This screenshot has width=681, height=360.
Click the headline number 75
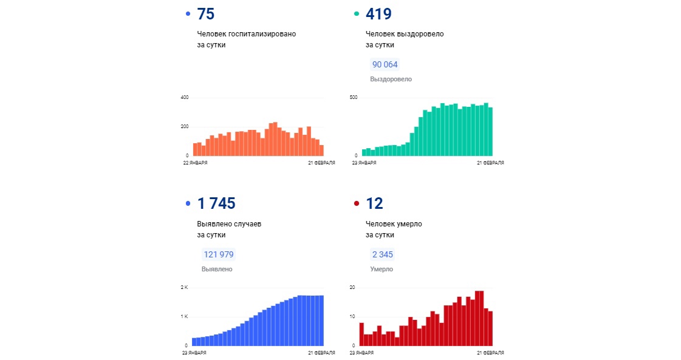[x=205, y=14]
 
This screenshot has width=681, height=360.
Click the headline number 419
[x=379, y=14]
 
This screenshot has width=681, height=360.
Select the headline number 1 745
[x=216, y=204]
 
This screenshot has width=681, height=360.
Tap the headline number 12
[x=374, y=204]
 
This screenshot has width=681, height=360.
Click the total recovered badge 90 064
[x=385, y=64]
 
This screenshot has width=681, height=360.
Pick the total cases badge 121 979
[x=218, y=254]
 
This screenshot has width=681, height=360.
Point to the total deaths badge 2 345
[x=383, y=254]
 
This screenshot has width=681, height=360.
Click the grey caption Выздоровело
[x=391, y=79]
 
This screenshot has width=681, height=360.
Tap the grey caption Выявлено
[x=217, y=269]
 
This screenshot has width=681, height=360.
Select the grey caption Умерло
[x=382, y=269]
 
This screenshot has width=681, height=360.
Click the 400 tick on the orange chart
[x=185, y=98]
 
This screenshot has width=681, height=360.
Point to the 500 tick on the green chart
[x=353, y=98]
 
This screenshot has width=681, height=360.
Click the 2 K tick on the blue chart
[x=184, y=287]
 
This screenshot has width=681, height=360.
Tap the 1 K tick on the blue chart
[x=184, y=317]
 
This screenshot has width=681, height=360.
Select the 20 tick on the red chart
[x=352, y=287]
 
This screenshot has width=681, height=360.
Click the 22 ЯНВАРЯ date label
[x=194, y=163]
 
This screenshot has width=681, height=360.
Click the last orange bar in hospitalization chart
[x=321, y=150]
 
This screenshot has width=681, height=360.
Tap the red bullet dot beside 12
[x=357, y=204]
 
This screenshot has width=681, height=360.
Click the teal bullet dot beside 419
[x=357, y=14]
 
